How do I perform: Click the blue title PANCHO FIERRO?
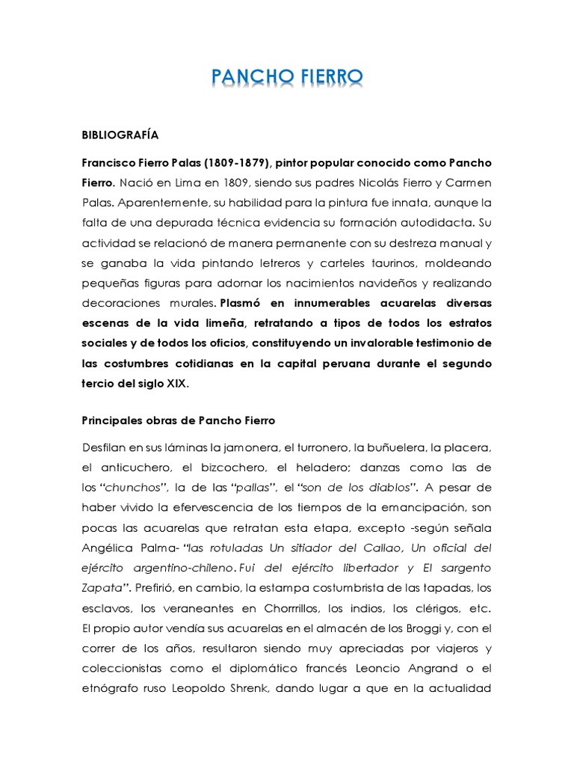tap(286, 77)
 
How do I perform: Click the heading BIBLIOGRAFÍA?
tap(120, 136)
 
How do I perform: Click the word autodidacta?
tap(433, 223)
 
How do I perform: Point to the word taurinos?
tap(365, 263)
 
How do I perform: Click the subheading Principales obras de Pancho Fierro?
tap(179, 420)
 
